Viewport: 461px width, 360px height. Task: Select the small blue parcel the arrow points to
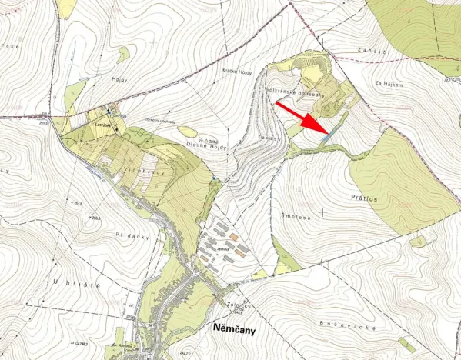[x=329, y=135]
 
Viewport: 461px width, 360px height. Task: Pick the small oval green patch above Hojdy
[x=122, y=55]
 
